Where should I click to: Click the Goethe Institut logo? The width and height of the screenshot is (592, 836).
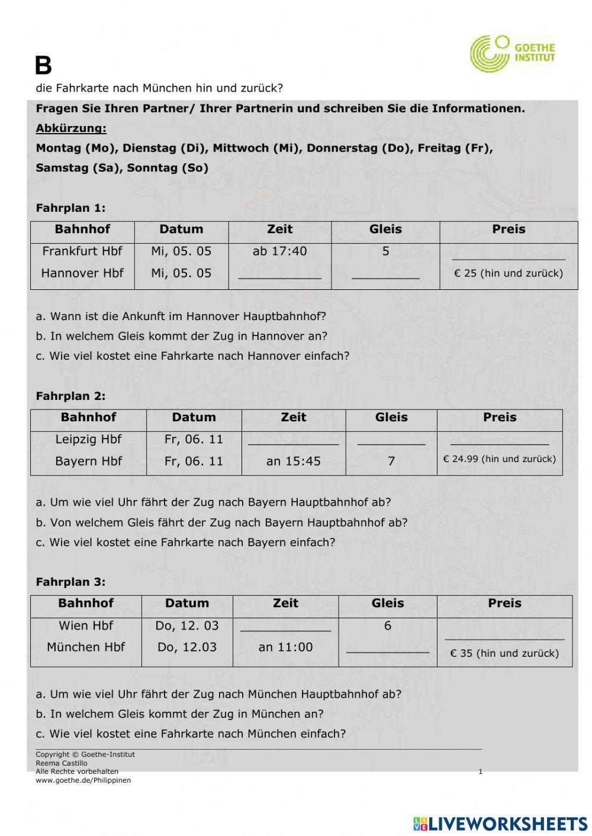coord(512,53)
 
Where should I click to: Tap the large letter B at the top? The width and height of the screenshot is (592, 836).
coord(43,66)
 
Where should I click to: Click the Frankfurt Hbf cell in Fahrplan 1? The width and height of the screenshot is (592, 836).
coord(82,251)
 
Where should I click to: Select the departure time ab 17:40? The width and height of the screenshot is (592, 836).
coord(279,251)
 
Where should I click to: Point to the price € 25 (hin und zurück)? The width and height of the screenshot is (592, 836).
coord(508,273)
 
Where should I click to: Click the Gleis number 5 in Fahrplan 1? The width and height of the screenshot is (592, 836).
coord(385,251)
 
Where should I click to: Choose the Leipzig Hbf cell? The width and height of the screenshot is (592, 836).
coord(88,440)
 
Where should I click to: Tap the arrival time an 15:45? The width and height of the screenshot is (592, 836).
coord(293,461)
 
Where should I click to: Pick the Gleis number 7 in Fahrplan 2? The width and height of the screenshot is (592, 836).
coord(391,461)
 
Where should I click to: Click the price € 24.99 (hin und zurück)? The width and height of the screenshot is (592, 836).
coord(499,459)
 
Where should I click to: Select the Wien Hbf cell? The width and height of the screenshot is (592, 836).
coord(86,626)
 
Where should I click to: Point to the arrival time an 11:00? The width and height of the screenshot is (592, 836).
coord(285,647)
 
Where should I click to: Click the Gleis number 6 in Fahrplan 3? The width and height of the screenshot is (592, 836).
coord(388,626)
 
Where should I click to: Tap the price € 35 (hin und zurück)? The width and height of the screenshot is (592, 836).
coord(504,654)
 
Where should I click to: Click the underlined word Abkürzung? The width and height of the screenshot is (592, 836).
coord(71,128)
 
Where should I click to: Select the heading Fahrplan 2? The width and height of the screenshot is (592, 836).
coord(70,396)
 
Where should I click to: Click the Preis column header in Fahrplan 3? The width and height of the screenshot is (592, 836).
coord(504,603)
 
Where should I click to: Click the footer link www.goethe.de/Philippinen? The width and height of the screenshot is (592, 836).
coord(83,780)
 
